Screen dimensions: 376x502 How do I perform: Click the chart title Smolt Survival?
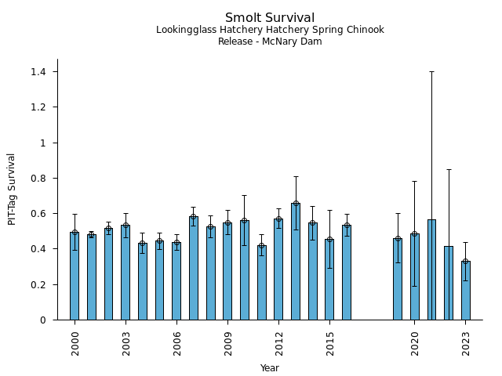point(270,18)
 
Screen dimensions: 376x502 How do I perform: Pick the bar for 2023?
point(466,290)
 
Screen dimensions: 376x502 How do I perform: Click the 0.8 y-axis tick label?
point(38,179)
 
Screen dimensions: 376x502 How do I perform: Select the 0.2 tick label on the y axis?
point(38,285)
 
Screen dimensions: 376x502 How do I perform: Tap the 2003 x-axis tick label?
point(125,343)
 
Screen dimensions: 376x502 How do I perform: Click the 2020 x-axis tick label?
point(415,343)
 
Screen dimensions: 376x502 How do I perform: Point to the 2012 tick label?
point(278,343)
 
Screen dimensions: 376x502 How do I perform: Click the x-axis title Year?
point(270,368)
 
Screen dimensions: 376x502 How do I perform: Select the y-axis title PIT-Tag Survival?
point(13,189)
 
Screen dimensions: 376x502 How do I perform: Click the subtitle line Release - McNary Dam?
point(270,42)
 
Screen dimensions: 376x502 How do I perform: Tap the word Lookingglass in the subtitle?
point(184,30)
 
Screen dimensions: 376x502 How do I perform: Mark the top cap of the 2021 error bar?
point(431,71)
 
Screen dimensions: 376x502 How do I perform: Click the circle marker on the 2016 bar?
point(347,226)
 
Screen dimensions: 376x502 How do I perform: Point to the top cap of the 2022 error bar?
point(449,169)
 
